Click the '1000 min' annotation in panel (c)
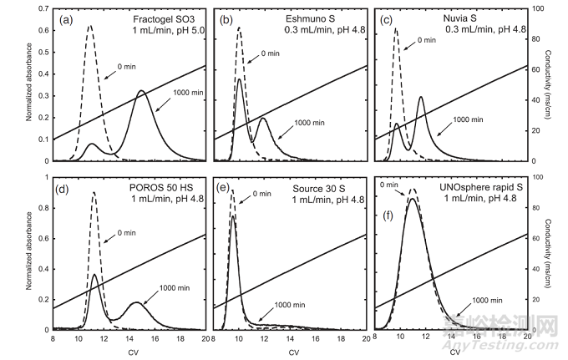point(470,119)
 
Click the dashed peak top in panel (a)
point(90,25)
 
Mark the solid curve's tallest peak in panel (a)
point(141,90)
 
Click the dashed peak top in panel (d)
point(94,193)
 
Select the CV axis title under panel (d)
point(129,352)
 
